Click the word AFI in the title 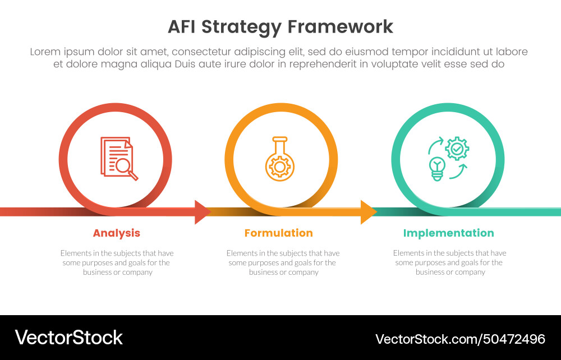tap(183, 27)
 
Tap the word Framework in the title tap(340, 27)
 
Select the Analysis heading tap(116, 233)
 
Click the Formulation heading tap(278, 233)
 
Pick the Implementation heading tap(448, 233)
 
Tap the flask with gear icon tap(279, 159)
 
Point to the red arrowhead tap(202, 211)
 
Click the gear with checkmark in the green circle tap(458, 148)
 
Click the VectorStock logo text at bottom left tap(68, 338)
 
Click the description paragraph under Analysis tap(117, 262)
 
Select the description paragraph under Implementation tap(449, 262)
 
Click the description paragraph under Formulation tap(283, 262)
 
